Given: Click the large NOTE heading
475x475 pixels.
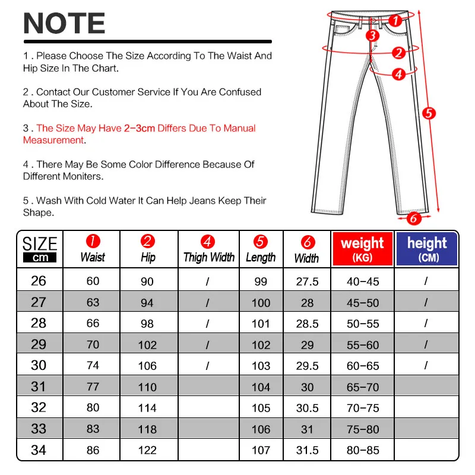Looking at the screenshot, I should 64,24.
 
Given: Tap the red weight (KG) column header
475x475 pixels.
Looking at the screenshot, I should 362,249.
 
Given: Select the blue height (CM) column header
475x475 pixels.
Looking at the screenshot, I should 427,249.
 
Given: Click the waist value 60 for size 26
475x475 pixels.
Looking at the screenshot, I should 93,281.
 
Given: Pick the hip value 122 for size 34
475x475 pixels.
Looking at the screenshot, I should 147,451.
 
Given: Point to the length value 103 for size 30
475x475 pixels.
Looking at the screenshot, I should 261,366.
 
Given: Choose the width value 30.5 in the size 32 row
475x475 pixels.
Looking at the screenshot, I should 307,408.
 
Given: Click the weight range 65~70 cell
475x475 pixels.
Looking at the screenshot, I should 362,387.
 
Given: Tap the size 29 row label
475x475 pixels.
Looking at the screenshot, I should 39,344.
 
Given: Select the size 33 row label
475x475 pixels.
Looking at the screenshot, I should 39,429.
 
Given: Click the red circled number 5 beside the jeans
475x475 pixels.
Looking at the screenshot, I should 429,113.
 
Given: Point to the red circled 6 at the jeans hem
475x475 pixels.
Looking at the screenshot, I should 411,218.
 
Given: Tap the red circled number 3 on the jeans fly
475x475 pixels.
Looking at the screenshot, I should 372,36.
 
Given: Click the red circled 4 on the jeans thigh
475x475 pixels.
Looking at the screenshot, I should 398,74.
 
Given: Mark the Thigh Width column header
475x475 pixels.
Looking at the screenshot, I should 208,257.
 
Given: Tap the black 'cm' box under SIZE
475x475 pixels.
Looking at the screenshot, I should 40,258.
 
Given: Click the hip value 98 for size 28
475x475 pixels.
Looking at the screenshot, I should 147,324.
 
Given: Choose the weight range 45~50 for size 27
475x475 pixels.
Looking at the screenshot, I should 362,303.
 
